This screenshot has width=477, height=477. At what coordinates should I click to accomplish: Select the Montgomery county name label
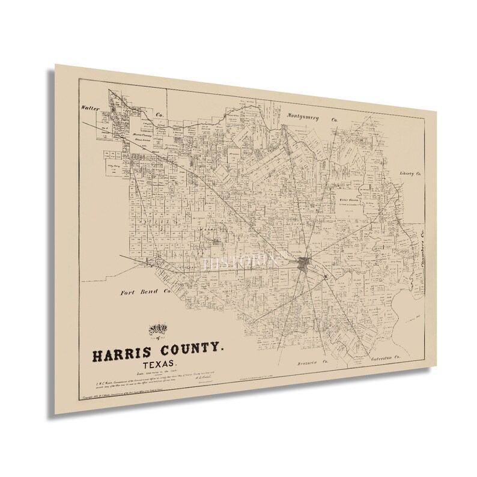[308, 115]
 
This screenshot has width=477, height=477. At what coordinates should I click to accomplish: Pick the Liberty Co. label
[412, 174]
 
